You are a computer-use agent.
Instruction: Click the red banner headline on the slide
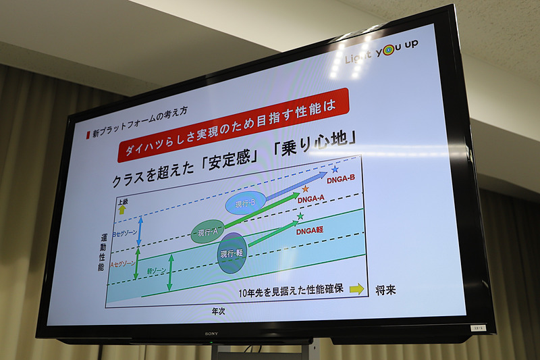coord(234,125)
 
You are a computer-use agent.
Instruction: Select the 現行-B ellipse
coord(242,202)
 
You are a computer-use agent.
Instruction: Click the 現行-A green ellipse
coord(208,232)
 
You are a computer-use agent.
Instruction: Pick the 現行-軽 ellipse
coord(232,253)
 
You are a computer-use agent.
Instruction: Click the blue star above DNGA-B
coord(335,169)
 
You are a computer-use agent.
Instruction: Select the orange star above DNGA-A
coord(305,188)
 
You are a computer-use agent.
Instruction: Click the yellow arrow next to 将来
coord(356,289)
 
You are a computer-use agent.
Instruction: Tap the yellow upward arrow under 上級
coord(122,210)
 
